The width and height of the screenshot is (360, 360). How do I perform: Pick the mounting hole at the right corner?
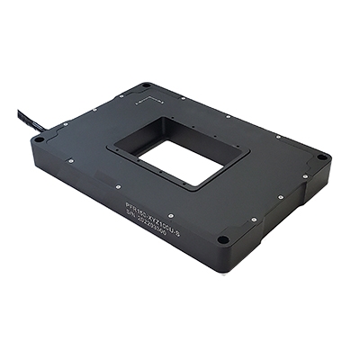322,158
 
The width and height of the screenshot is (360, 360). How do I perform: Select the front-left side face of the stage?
117,220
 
